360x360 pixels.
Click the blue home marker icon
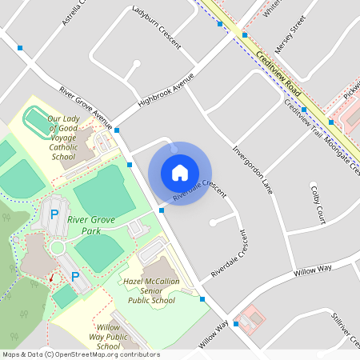180,173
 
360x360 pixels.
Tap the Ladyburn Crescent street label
157,25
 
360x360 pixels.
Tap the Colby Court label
318,202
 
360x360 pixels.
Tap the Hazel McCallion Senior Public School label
149,291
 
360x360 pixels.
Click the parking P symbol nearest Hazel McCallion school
76,276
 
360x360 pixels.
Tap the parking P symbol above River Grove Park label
54,214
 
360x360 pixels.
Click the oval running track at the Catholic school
36,121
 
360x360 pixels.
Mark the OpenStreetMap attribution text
81,354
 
